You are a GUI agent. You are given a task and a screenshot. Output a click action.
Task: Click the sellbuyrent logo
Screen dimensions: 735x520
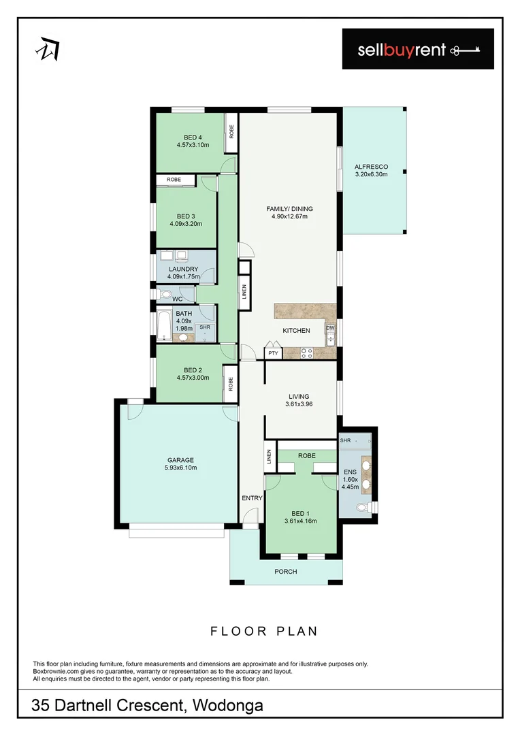click(417, 49)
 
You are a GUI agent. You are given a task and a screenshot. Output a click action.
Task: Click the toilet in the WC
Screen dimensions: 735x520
click(163, 295)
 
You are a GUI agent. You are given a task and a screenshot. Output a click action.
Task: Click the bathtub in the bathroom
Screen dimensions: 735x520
click(164, 326)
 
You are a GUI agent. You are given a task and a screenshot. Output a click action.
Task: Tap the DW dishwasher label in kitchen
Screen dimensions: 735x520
click(330, 328)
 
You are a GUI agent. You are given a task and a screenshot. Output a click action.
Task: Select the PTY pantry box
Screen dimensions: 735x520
click(273, 353)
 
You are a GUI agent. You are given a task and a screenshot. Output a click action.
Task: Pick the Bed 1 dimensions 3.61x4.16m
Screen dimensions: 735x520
click(300, 521)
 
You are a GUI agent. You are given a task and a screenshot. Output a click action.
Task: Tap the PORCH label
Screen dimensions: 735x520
click(286, 572)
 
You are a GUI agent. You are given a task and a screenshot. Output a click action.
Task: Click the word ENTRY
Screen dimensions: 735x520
click(252, 498)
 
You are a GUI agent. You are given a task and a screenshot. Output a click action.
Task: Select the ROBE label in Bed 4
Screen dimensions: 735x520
click(231, 129)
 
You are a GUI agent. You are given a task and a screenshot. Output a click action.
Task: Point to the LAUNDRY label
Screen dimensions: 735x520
click(183, 269)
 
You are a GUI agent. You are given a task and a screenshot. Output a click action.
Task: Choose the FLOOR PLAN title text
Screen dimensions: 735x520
click(263, 632)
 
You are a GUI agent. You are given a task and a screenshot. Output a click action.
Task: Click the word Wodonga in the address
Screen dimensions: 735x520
click(227, 706)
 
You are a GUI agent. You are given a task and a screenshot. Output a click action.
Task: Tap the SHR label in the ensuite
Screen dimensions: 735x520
click(345, 440)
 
